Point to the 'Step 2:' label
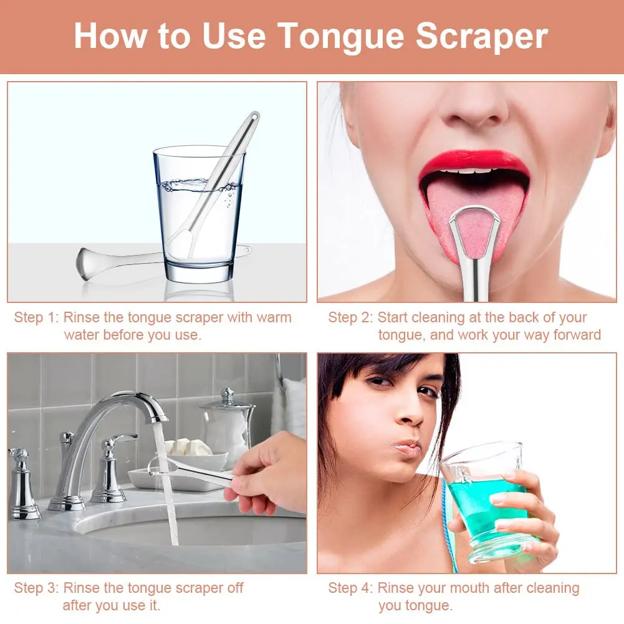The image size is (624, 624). pos(350,317)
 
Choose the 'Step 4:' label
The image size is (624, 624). pos(350,588)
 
